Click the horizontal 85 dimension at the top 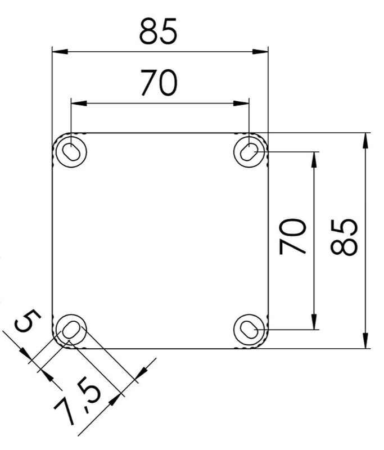tap(159, 31)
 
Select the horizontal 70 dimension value tap(159, 83)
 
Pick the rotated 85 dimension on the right tap(344, 237)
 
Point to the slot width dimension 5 tap(28, 320)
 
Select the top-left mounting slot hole tap(71, 151)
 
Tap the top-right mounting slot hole tap(249, 151)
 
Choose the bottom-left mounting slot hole tap(71, 330)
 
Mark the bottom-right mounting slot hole tap(249, 330)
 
